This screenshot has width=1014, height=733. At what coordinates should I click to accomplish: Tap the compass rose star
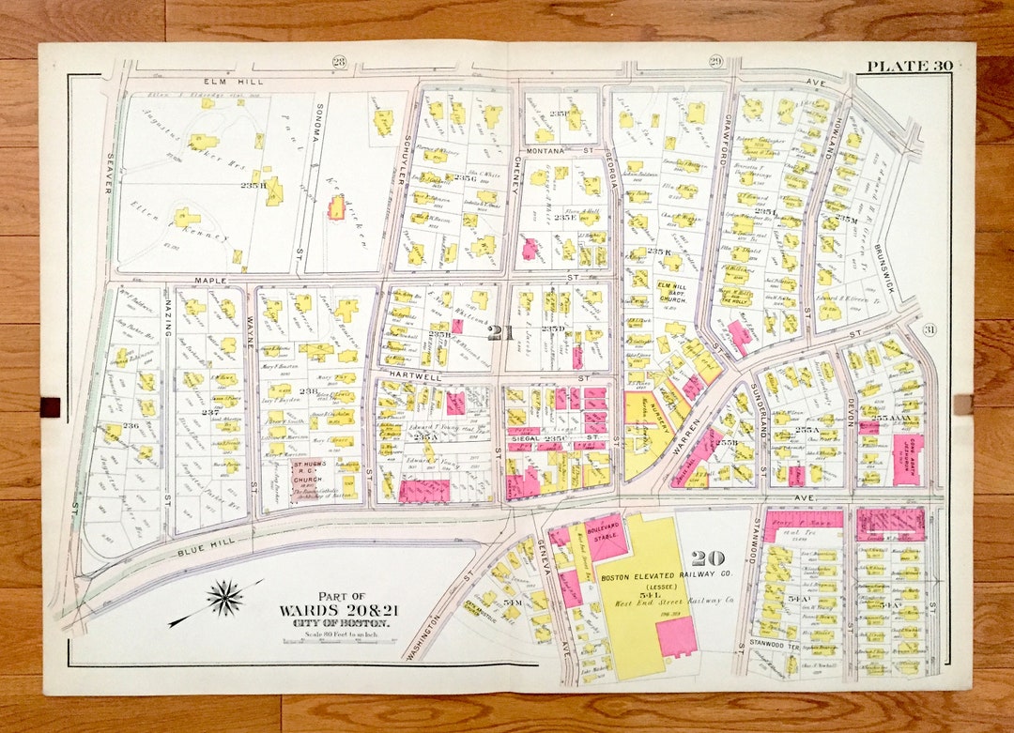point(225,598)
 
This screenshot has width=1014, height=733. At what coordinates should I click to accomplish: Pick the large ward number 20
point(707,558)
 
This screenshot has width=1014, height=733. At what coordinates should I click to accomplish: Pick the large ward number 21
point(498,331)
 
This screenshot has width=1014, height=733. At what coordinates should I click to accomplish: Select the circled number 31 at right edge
point(929,328)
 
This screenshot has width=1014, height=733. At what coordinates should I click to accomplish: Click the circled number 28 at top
point(339,63)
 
